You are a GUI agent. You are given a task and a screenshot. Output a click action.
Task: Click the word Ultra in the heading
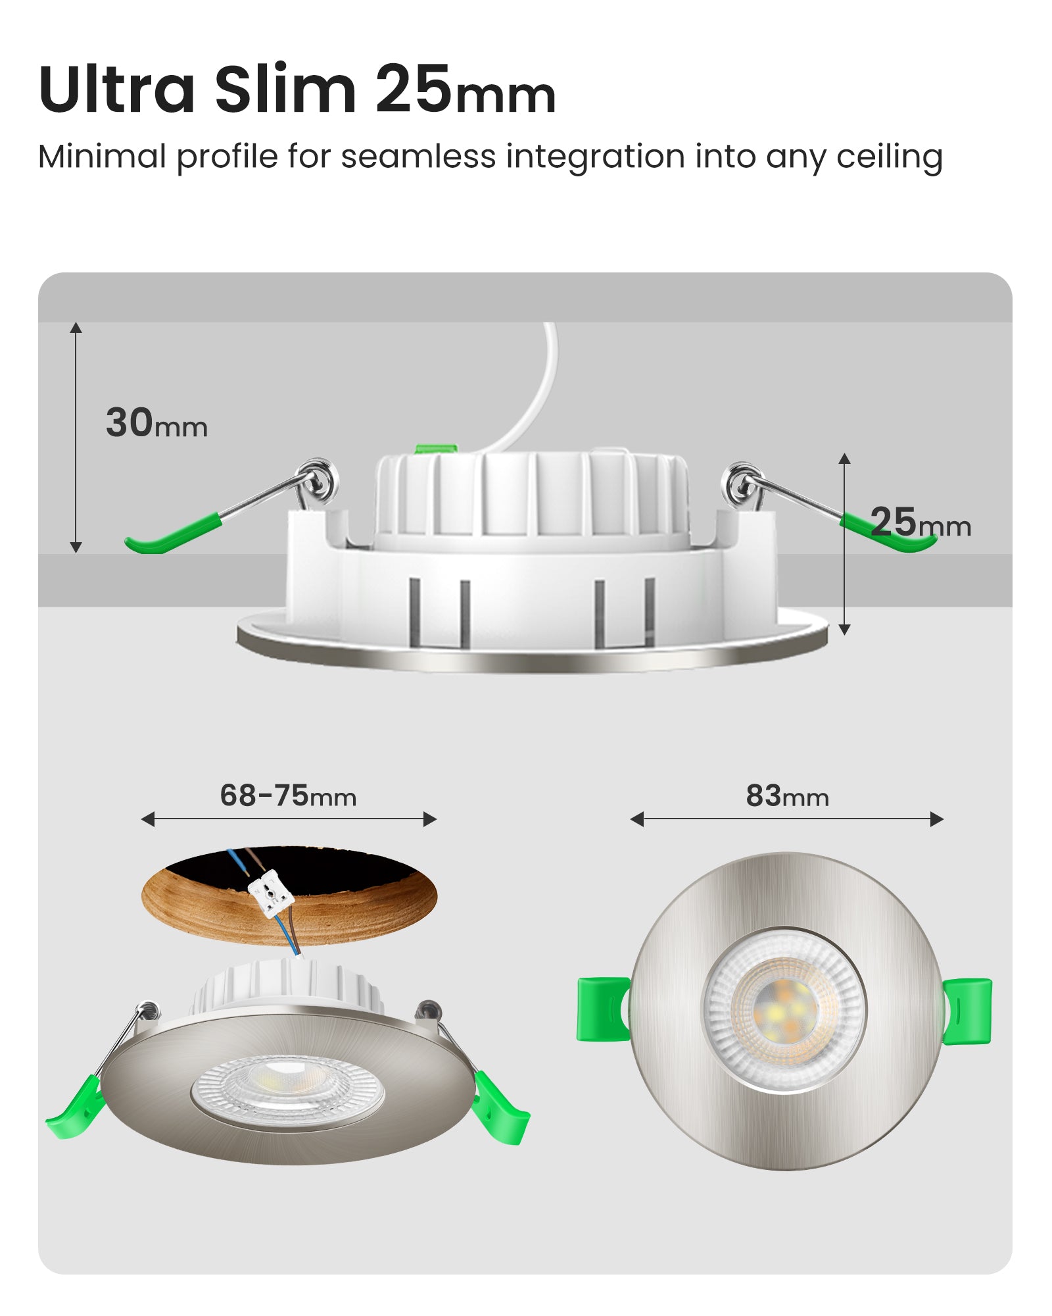point(117,89)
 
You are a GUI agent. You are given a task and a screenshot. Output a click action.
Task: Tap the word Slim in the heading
point(285,89)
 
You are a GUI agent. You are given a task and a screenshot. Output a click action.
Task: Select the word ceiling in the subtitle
point(889,158)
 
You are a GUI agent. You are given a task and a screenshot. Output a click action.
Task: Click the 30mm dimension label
point(156,422)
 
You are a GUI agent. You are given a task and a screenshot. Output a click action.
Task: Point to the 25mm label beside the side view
point(920,522)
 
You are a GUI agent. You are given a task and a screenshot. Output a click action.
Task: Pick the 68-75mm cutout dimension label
point(288,796)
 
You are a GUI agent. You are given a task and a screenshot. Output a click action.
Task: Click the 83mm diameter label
point(787,796)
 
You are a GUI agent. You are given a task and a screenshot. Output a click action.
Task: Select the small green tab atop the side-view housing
point(436,449)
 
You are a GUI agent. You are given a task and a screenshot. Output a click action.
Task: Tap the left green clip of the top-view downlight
point(602,1009)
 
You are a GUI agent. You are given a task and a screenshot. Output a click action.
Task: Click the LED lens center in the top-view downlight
point(785,1010)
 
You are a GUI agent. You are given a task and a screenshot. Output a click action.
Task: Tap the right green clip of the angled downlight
point(501,1109)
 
